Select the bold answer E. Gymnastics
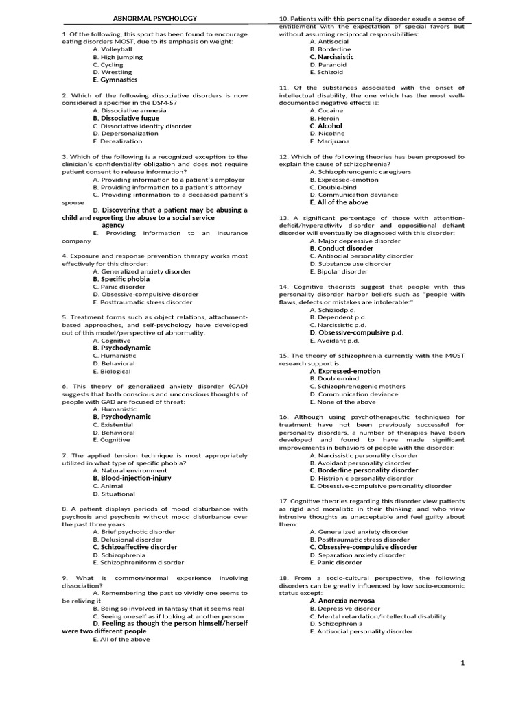pos(115,80)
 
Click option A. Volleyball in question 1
pos(112,49)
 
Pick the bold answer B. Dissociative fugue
pos(126,118)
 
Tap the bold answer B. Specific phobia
pos(121,279)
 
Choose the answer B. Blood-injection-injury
pos(132,478)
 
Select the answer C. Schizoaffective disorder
pos(134,547)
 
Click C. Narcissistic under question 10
pos(331,57)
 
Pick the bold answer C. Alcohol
pos(325,126)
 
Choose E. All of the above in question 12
pos(338,202)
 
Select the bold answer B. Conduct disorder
pos(341,248)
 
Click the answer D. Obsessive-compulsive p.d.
pos(356,332)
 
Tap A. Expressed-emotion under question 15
pos(344,371)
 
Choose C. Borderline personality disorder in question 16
pos(364,470)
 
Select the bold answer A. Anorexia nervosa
pos(342,601)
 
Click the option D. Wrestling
pos(112,72)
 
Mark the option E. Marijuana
pos(329,141)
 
